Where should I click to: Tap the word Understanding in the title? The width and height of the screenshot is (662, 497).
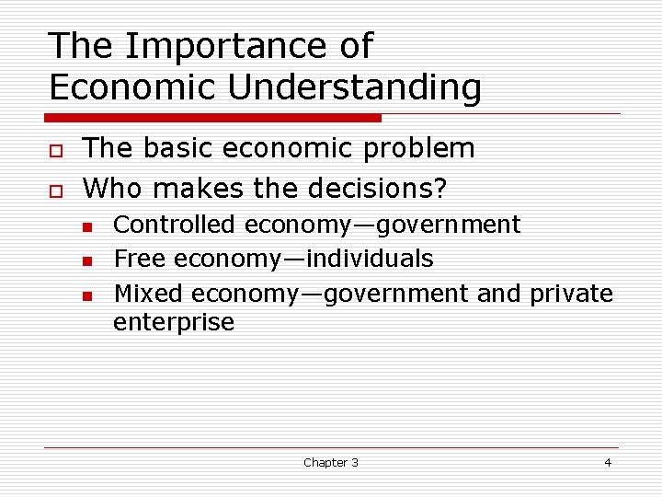(354, 87)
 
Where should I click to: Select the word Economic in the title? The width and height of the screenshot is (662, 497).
(132, 87)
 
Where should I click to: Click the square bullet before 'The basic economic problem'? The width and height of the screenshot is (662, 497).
(55, 150)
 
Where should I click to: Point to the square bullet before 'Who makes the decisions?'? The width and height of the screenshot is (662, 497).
(55, 191)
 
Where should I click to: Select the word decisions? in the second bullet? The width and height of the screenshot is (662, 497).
(380, 189)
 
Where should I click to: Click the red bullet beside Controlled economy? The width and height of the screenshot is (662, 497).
(86, 226)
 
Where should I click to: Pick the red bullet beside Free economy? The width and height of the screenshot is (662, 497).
(86, 261)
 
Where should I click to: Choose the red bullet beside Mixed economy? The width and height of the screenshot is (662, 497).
(86, 295)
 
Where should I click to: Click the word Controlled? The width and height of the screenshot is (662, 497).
(174, 225)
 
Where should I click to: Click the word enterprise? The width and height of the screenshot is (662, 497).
(174, 323)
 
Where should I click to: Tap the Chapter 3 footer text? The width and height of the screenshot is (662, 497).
(331, 462)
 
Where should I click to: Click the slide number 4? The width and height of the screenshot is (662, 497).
(607, 462)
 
